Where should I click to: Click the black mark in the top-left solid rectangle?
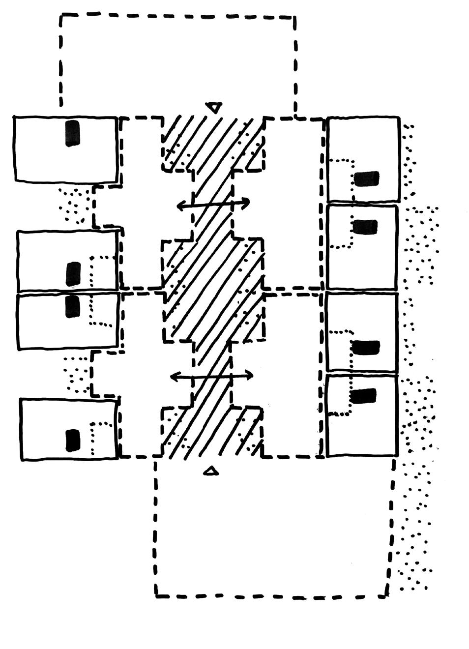click(72, 133)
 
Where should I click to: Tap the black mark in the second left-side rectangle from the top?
click(73, 274)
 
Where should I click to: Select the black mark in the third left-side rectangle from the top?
click(72, 306)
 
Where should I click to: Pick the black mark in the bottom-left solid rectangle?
click(73, 440)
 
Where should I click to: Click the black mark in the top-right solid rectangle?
click(366, 179)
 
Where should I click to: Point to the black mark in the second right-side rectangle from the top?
click(365, 227)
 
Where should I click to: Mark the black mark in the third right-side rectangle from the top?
click(366, 348)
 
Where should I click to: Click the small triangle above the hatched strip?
click(214, 107)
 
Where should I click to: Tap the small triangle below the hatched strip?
click(211, 471)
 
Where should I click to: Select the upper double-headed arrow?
click(213, 204)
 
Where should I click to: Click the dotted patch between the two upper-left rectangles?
click(75, 204)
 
